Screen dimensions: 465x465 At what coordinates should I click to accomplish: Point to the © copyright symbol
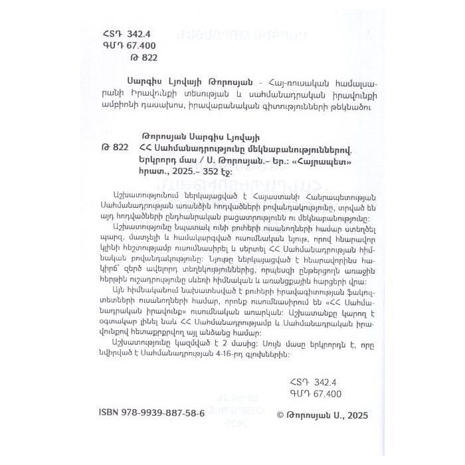(278, 413)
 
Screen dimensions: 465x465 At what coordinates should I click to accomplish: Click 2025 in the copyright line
(355, 413)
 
